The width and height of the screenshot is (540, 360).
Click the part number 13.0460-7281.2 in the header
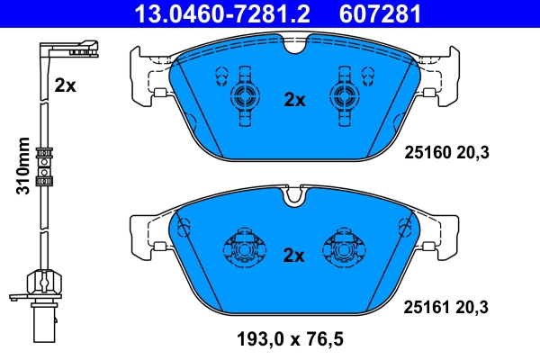pos(228,13)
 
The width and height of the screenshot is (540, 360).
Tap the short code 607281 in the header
pos(378,13)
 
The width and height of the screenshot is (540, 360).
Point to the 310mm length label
pos(24,166)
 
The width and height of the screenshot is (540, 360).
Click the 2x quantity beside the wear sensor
pos(64,85)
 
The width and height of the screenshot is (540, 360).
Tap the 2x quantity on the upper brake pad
pos(295,100)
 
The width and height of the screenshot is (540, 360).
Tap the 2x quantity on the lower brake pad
pos(295,255)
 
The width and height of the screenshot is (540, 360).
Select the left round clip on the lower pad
pos(242,248)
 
